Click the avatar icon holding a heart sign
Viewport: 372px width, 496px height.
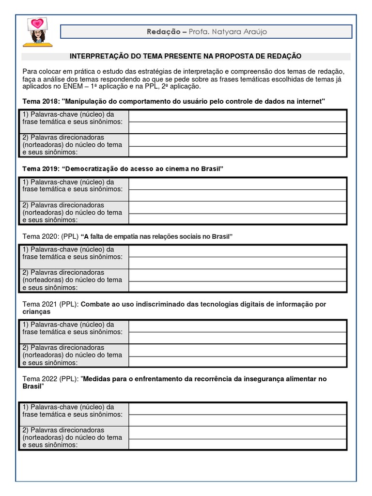tap(37, 32)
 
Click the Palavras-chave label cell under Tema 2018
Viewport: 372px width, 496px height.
tap(74, 121)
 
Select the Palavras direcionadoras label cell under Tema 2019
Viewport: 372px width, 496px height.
tap(74, 213)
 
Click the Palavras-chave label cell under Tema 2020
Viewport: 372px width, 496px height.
tap(74, 256)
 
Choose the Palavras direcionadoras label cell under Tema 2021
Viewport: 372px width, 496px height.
tap(74, 355)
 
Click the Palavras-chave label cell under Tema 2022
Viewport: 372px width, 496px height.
tap(74, 414)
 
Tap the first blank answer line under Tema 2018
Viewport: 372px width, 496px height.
tap(237, 116)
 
